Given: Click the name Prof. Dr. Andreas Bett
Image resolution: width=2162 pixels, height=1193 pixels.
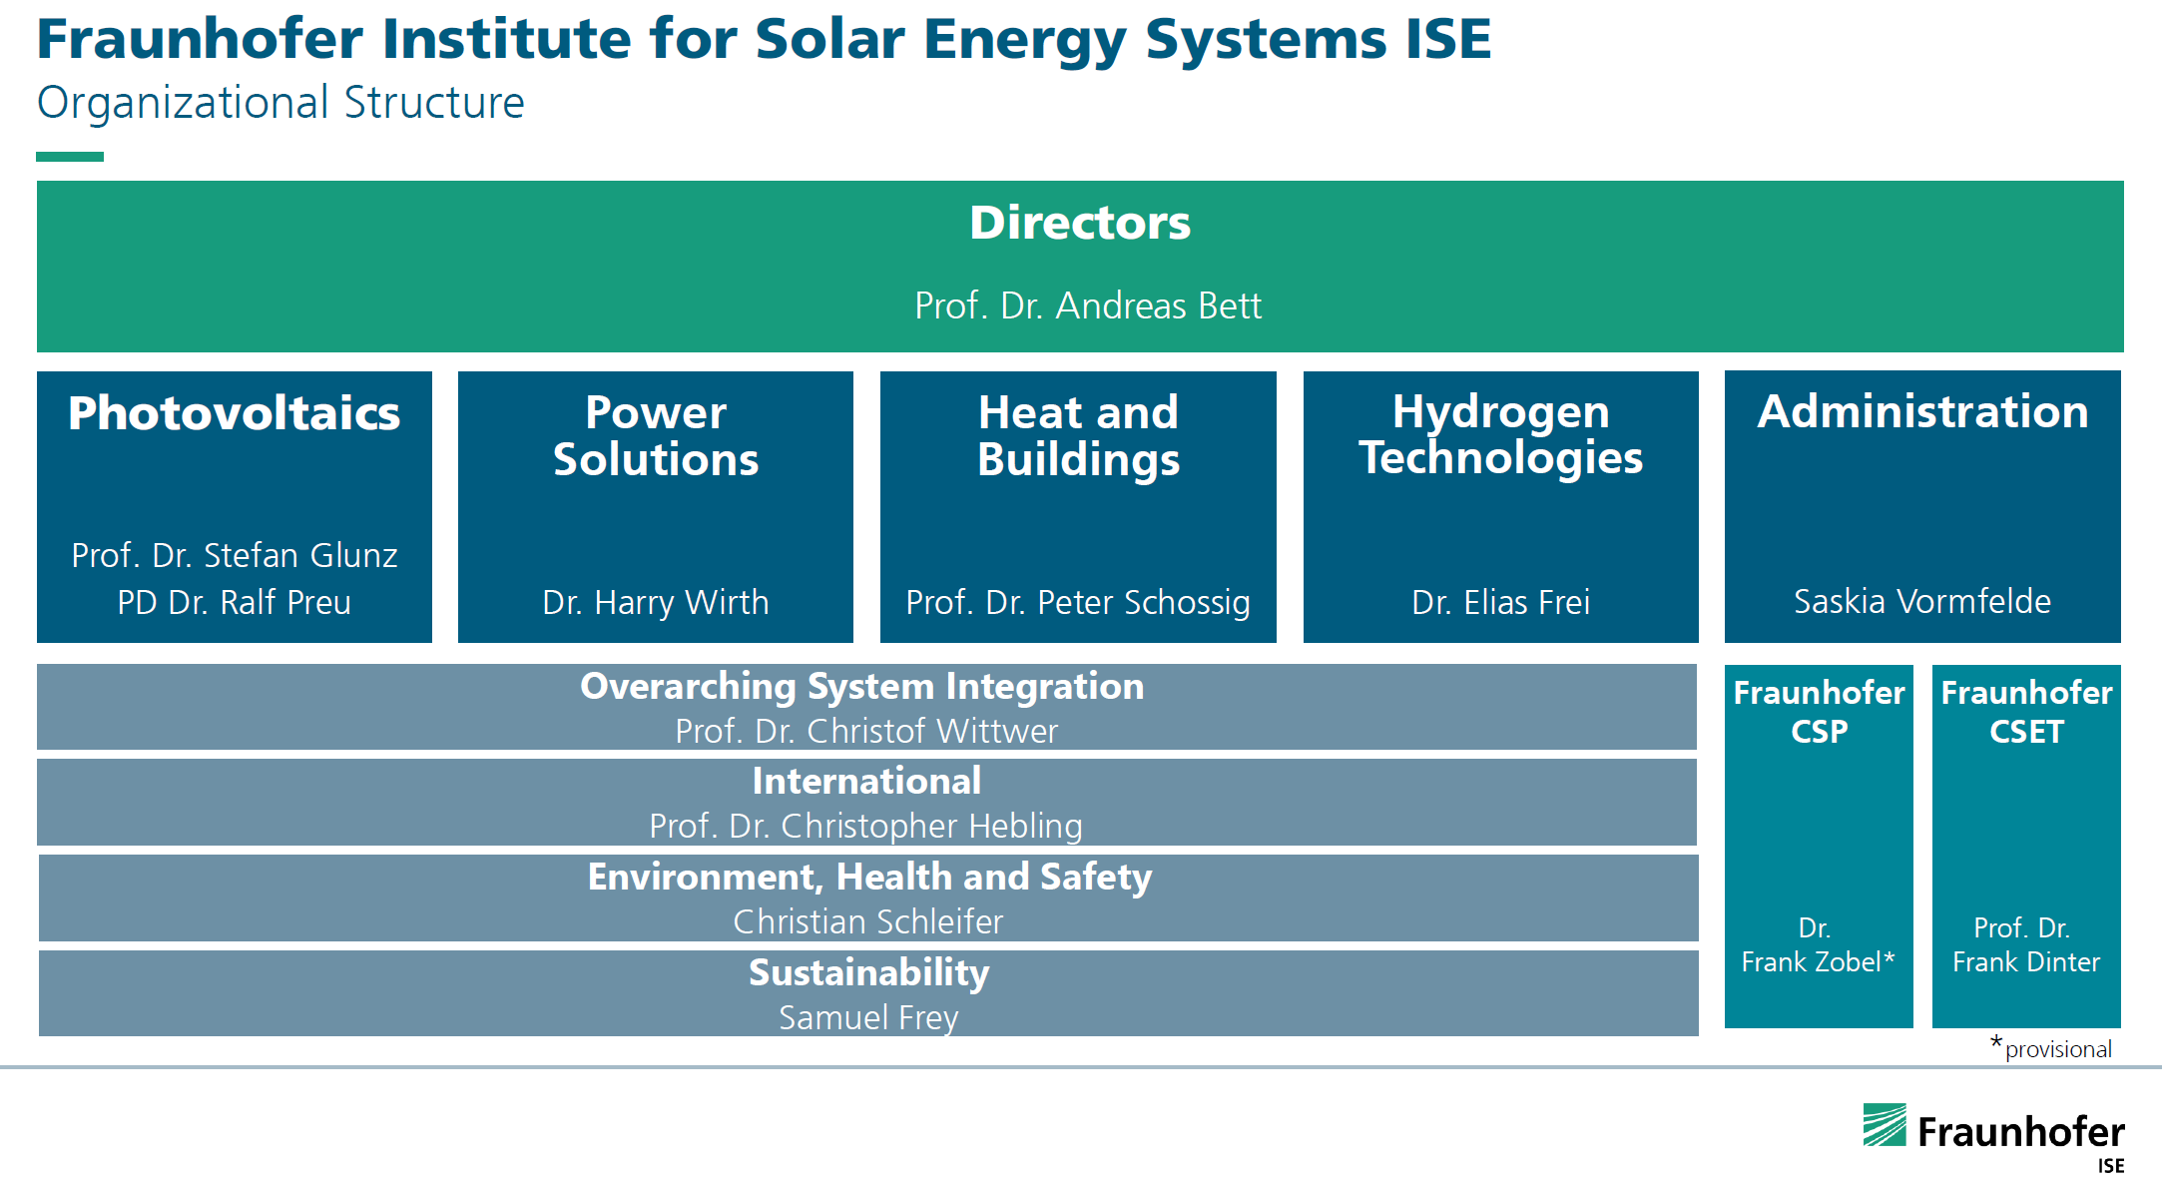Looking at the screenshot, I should (1087, 305).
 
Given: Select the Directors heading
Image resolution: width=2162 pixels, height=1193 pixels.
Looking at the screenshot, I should (1080, 223).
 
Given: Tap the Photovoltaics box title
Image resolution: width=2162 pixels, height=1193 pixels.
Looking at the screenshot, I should (234, 413).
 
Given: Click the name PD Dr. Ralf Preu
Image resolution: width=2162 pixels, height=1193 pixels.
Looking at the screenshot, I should (234, 602).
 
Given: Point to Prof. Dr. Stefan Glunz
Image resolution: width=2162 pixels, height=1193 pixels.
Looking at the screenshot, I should (234, 555).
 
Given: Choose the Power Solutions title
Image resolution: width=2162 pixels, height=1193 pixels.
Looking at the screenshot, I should (656, 435).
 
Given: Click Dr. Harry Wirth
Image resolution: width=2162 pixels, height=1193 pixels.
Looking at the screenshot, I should (655, 602).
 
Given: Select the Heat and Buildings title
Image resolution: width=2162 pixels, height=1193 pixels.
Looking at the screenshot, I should (1078, 435).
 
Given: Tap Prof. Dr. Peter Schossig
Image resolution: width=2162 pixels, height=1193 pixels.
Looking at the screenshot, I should (1077, 602).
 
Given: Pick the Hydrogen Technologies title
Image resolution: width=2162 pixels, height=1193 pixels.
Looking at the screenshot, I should (1500, 434).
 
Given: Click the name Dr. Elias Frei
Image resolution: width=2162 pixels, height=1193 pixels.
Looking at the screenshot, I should (1500, 602).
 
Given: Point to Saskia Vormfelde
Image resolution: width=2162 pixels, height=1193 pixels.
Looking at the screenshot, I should (1921, 601).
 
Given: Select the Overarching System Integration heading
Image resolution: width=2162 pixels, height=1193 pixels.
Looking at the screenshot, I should (861, 687).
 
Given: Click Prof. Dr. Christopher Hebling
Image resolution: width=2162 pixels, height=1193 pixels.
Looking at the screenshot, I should (865, 826).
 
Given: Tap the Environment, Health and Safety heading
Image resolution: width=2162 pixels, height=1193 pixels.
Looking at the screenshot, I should (869, 877).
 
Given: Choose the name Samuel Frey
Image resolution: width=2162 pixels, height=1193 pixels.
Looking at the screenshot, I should (868, 1017).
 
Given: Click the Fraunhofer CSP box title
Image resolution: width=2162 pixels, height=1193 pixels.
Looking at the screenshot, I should (1819, 711).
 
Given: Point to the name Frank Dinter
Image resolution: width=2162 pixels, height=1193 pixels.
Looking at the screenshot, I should (2025, 961).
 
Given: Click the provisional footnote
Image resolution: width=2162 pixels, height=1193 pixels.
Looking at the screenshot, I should (2056, 1049).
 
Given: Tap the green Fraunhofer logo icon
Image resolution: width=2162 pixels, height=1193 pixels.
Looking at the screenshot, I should (1885, 1125).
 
